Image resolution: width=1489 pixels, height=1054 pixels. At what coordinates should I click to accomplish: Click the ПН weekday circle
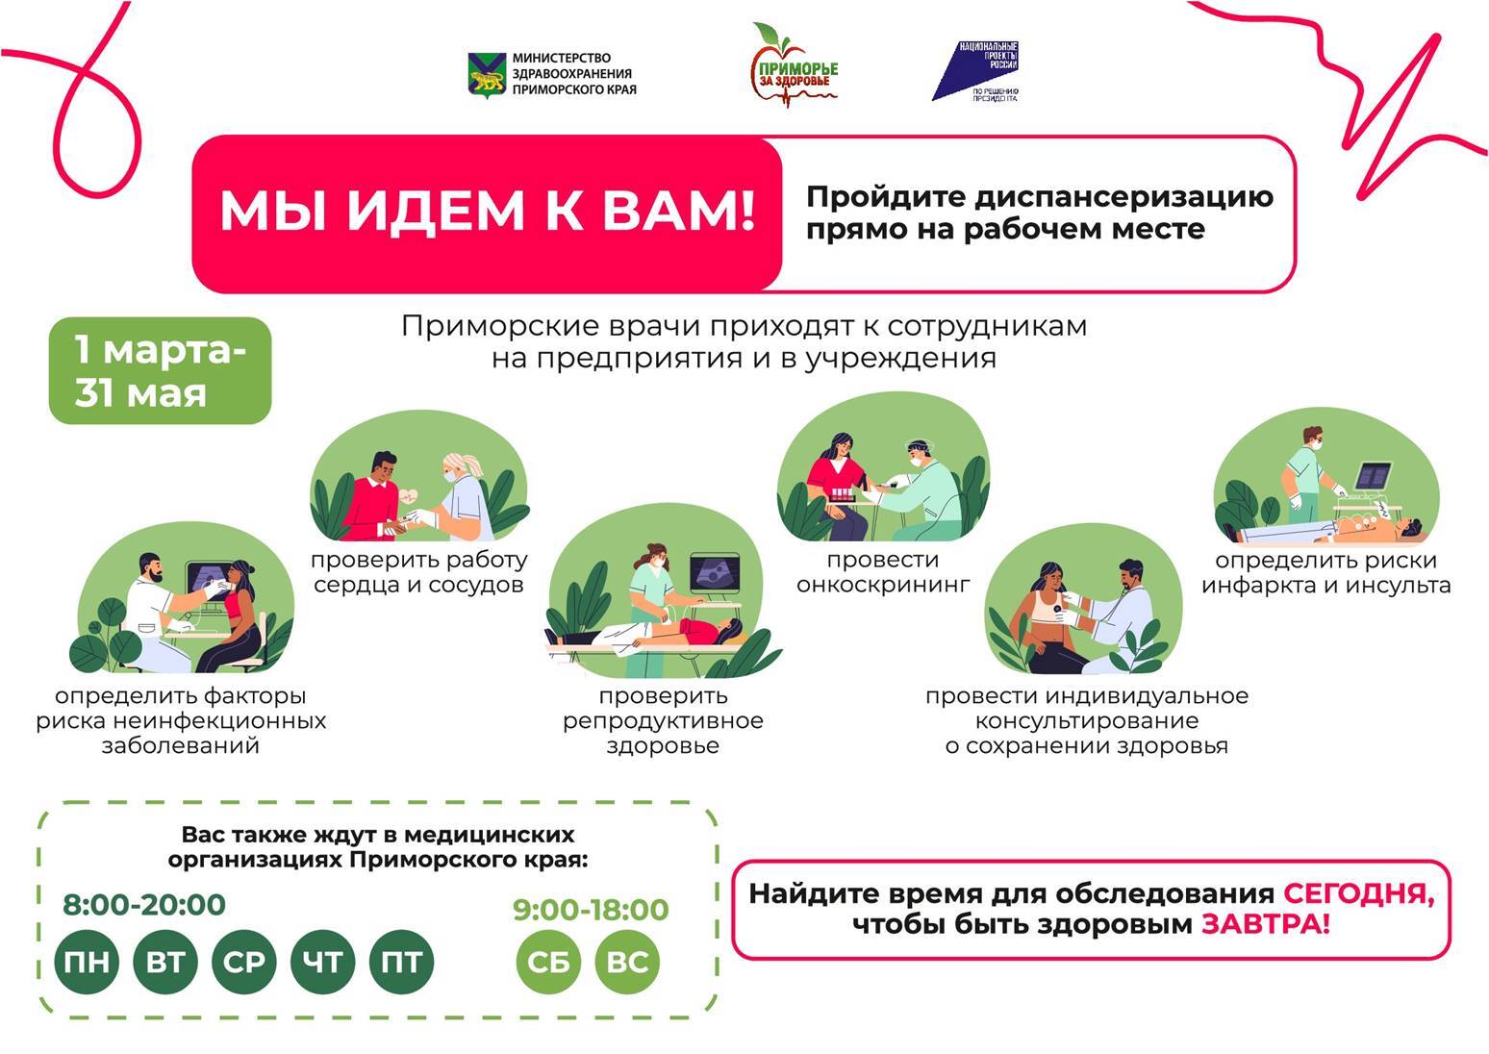87,962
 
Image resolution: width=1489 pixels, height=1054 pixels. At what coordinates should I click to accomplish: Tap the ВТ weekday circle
164,962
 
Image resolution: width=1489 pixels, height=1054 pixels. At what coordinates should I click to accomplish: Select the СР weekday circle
244,962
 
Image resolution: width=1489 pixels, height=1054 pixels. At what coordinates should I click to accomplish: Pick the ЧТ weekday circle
323,962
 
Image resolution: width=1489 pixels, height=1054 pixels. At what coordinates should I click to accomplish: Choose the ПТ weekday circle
401,962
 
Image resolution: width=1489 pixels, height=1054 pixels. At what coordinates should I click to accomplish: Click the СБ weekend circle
548,962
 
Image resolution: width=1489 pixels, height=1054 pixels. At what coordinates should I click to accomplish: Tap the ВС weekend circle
627,962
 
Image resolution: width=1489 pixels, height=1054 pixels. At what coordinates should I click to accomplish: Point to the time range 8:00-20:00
144,905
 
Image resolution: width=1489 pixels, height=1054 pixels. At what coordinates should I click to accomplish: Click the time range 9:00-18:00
591,909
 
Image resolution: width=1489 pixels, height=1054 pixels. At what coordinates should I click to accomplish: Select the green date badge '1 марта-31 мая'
161,370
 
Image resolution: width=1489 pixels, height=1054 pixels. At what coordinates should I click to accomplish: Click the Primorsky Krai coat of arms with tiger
488,75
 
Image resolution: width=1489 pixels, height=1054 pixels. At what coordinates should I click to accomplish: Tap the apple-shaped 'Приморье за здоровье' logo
794,65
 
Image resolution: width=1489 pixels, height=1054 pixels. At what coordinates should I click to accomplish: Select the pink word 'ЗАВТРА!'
1266,924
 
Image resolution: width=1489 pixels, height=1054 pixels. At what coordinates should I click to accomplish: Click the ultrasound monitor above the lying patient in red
715,573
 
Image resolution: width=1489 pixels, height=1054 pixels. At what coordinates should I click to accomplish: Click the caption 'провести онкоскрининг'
883,572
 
